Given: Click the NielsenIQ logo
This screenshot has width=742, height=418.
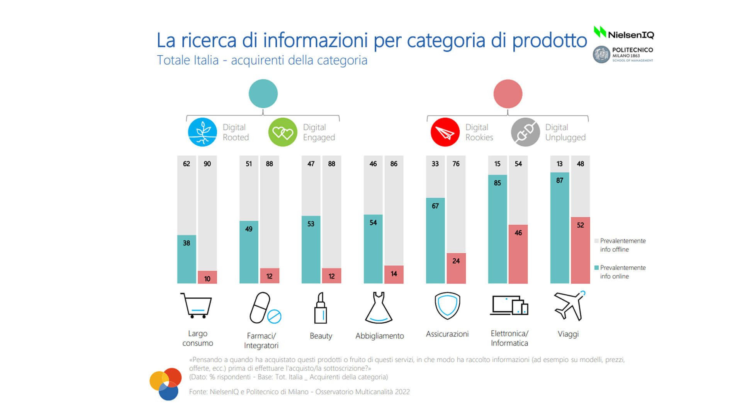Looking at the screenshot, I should (x=624, y=34).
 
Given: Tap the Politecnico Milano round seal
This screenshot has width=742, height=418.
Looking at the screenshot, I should (x=601, y=55).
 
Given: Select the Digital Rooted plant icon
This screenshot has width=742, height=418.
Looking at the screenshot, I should (x=202, y=132).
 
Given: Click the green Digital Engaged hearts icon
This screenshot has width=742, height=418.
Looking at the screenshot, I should (x=283, y=132).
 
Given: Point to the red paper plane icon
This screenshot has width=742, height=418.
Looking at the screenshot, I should (x=445, y=132).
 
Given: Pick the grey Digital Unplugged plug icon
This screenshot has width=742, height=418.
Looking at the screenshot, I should (x=525, y=132).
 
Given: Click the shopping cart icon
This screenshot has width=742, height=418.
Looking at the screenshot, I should (x=197, y=305).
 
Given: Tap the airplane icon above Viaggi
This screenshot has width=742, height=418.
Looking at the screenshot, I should (x=569, y=305).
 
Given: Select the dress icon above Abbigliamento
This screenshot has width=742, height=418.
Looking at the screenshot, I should (x=379, y=308).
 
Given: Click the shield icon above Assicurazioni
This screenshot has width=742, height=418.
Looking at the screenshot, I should (x=447, y=305).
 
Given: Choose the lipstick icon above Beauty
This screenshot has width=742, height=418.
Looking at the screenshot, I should (x=321, y=308).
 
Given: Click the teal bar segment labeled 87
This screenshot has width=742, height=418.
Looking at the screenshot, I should (x=560, y=228).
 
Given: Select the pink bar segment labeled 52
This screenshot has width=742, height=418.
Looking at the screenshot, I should (x=580, y=250).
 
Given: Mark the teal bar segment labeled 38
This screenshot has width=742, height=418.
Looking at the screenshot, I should (x=187, y=259).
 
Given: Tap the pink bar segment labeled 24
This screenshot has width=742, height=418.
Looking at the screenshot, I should (x=456, y=268).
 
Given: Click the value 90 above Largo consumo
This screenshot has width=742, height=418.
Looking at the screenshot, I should (x=207, y=164).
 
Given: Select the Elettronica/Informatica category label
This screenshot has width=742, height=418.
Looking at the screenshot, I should (x=509, y=338).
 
